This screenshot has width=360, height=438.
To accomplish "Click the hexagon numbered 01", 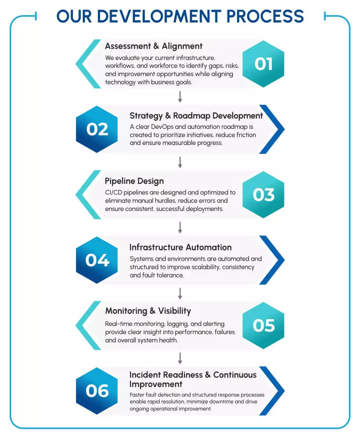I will coord(263,64).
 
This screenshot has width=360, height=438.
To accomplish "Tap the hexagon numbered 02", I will coord(97,129).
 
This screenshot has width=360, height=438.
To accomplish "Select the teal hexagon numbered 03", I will coord(263,195).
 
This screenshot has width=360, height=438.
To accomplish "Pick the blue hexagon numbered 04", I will coord(97,260).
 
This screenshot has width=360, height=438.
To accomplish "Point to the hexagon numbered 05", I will coord(263,326).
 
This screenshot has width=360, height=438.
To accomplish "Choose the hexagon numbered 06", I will coord(97,391).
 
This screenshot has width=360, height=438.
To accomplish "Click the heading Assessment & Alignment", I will coord(154,46).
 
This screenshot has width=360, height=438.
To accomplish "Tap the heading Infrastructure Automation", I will coord(180,247).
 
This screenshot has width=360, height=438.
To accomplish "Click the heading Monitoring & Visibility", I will coord(148,311).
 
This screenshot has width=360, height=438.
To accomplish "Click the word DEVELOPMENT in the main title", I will coord(159,16).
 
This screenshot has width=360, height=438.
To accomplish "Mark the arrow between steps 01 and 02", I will coord(180,97).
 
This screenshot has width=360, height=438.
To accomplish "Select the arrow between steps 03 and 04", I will coord(180,227).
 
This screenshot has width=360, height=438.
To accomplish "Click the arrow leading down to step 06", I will coord(180,358).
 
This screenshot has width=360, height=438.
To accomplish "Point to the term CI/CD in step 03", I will coord(113,192).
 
